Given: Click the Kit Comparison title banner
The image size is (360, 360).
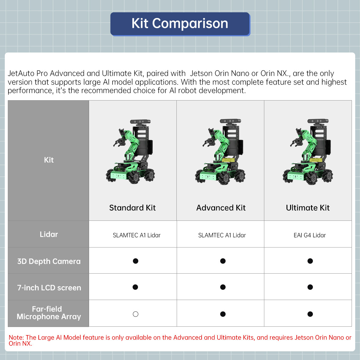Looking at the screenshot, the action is pyautogui.click(x=180, y=24).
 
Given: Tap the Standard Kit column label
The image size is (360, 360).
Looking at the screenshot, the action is pyautogui.click(x=133, y=208).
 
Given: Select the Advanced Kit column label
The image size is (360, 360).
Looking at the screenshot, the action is pyautogui.click(x=221, y=208).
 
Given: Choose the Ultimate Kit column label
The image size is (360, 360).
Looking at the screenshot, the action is pyautogui.click(x=308, y=208).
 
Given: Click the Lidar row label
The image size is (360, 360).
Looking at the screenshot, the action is pyautogui.click(x=49, y=234).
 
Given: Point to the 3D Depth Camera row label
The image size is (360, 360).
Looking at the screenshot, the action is pyautogui.click(x=49, y=261).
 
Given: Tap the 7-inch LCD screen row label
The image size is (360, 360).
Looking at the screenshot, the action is pyautogui.click(x=49, y=288).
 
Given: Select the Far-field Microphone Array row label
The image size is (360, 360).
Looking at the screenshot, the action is pyautogui.click(x=49, y=313).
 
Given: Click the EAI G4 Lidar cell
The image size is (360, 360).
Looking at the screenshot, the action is pyautogui.click(x=310, y=235).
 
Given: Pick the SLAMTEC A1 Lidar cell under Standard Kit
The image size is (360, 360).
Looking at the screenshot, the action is pyautogui.click(x=136, y=235).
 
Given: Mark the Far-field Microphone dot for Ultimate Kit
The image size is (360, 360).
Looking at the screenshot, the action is pyautogui.click(x=310, y=314).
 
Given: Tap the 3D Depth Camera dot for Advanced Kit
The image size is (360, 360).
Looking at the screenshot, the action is pyautogui.click(x=223, y=261).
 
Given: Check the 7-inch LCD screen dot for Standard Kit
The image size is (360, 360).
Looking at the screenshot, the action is pyautogui.click(x=135, y=287).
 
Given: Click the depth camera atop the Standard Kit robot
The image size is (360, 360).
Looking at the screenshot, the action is pyautogui.click(x=140, y=122).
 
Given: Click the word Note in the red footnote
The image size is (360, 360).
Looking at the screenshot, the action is pyautogui.click(x=16, y=337).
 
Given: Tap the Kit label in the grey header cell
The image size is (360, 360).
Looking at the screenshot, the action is pyautogui.click(x=49, y=160).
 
